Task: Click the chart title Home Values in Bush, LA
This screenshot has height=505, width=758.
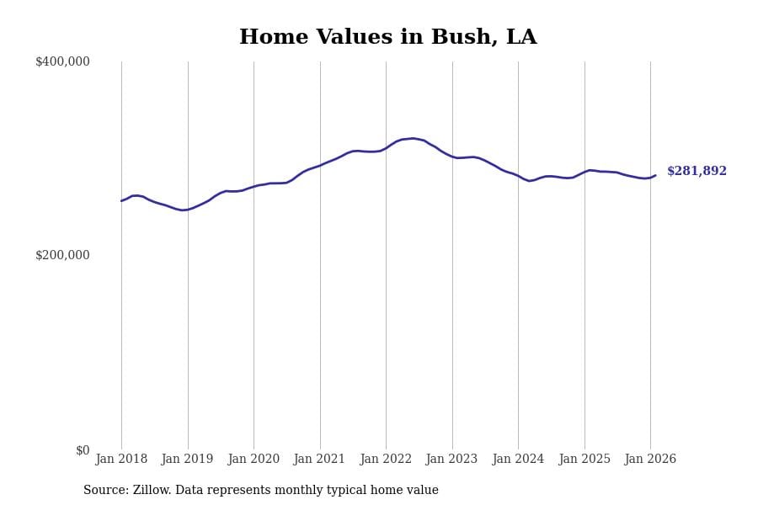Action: (x=387, y=37)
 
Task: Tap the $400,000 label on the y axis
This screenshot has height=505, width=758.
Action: (x=62, y=61)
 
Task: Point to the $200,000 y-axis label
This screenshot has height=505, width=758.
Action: (x=62, y=255)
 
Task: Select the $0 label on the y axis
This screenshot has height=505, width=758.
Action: (x=83, y=450)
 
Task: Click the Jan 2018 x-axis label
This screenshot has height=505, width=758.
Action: (x=121, y=460)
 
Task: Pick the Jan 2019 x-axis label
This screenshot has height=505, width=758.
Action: (x=187, y=460)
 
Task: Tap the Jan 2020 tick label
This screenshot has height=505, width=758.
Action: (x=254, y=460)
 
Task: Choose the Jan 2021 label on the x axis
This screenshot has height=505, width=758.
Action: (x=319, y=460)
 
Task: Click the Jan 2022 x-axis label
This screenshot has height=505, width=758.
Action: (x=386, y=460)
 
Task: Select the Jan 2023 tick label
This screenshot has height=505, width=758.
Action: (x=451, y=460)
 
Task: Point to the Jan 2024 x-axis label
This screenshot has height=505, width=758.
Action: (x=518, y=460)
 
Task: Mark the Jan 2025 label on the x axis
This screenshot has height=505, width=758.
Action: (x=584, y=460)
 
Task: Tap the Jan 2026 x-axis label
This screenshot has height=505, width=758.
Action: (x=650, y=460)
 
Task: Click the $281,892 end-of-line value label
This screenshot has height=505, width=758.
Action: (x=697, y=172)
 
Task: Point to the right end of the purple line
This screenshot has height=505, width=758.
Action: (x=655, y=175)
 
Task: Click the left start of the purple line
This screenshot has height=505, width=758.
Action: (x=121, y=200)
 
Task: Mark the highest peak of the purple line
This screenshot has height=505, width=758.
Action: (x=413, y=138)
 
